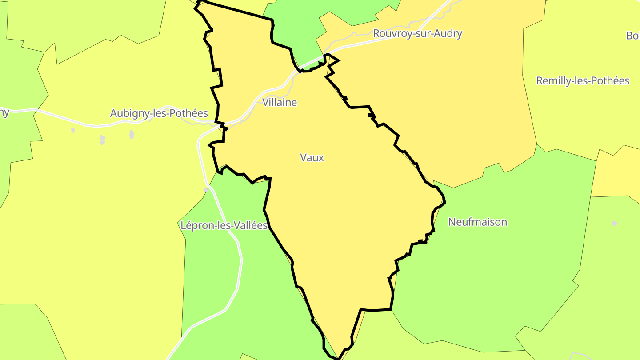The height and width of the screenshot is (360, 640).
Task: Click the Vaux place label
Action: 312,157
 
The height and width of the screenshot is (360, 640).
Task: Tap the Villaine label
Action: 280,102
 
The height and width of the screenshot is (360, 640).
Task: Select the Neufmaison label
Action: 477,222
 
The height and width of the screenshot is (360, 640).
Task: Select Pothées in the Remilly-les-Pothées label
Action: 611,81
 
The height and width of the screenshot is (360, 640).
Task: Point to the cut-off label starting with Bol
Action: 633,36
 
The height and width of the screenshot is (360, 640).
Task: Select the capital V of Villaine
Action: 265,102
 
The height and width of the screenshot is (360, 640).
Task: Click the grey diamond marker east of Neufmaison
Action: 615,223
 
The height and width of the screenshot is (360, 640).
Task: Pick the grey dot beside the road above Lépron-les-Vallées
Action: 206,190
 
